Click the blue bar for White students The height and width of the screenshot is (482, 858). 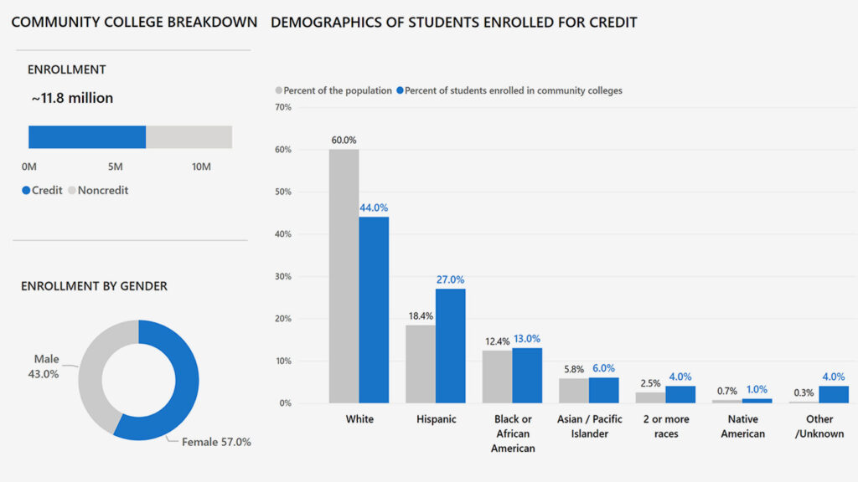click(x=374, y=310)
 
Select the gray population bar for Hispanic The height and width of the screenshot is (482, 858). click(x=421, y=364)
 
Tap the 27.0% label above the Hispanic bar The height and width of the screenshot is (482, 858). click(x=450, y=280)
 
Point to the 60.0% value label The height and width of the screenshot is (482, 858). click(x=344, y=141)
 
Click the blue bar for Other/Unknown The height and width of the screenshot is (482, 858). click(x=833, y=394)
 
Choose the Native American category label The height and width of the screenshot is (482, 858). click(x=742, y=426)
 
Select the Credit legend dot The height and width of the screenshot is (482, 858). click(x=26, y=191)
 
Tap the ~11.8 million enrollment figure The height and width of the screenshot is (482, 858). click(x=72, y=98)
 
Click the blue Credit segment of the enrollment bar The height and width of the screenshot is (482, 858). click(x=87, y=137)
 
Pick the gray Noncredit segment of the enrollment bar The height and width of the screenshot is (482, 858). click(x=189, y=137)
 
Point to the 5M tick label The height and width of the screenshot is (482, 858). click(x=115, y=167)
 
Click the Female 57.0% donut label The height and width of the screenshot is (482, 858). click(x=216, y=441)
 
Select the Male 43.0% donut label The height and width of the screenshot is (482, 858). click(x=46, y=367)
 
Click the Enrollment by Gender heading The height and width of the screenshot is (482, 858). click(x=94, y=286)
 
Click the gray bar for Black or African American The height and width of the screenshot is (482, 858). click(x=497, y=377)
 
